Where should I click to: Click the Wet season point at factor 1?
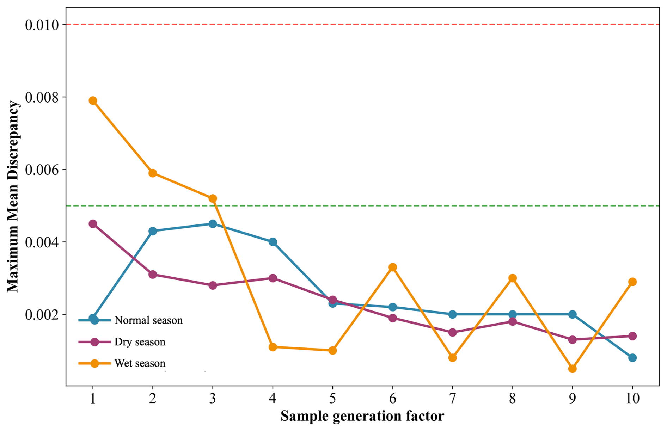click(93, 101)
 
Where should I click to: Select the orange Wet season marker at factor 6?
click(393, 267)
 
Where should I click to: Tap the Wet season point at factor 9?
click(573, 369)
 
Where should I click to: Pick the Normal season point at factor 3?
click(213, 224)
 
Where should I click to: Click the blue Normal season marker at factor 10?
click(632, 358)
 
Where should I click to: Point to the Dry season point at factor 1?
click(93, 224)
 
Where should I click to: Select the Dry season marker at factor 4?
click(273, 278)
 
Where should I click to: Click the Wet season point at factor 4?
click(273, 347)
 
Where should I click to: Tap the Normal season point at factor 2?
click(153, 231)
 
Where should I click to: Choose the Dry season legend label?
click(140, 342)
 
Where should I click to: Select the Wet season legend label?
click(140, 363)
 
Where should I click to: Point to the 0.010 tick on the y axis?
click(42, 25)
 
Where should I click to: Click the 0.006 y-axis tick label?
click(42, 170)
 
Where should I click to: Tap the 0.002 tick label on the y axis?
click(42, 315)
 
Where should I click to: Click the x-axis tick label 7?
click(453, 398)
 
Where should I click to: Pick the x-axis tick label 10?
click(632, 398)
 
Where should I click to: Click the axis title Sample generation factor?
click(362, 416)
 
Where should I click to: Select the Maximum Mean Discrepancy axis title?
click(13, 197)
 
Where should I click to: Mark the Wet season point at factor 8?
click(513, 278)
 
